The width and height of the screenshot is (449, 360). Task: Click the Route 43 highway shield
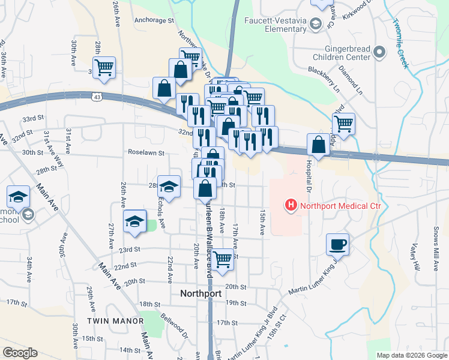pos(97,96)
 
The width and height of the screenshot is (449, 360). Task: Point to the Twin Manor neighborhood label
pos(115,321)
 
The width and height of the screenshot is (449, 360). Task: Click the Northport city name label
pos(202,294)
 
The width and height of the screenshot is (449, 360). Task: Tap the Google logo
pos(20,353)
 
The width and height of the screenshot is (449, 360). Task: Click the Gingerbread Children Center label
pos(340,53)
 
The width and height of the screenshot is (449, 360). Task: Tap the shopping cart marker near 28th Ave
pos(104,67)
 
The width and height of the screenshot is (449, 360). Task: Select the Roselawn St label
pos(146,152)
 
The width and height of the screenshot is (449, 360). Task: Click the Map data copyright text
pos(411,355)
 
